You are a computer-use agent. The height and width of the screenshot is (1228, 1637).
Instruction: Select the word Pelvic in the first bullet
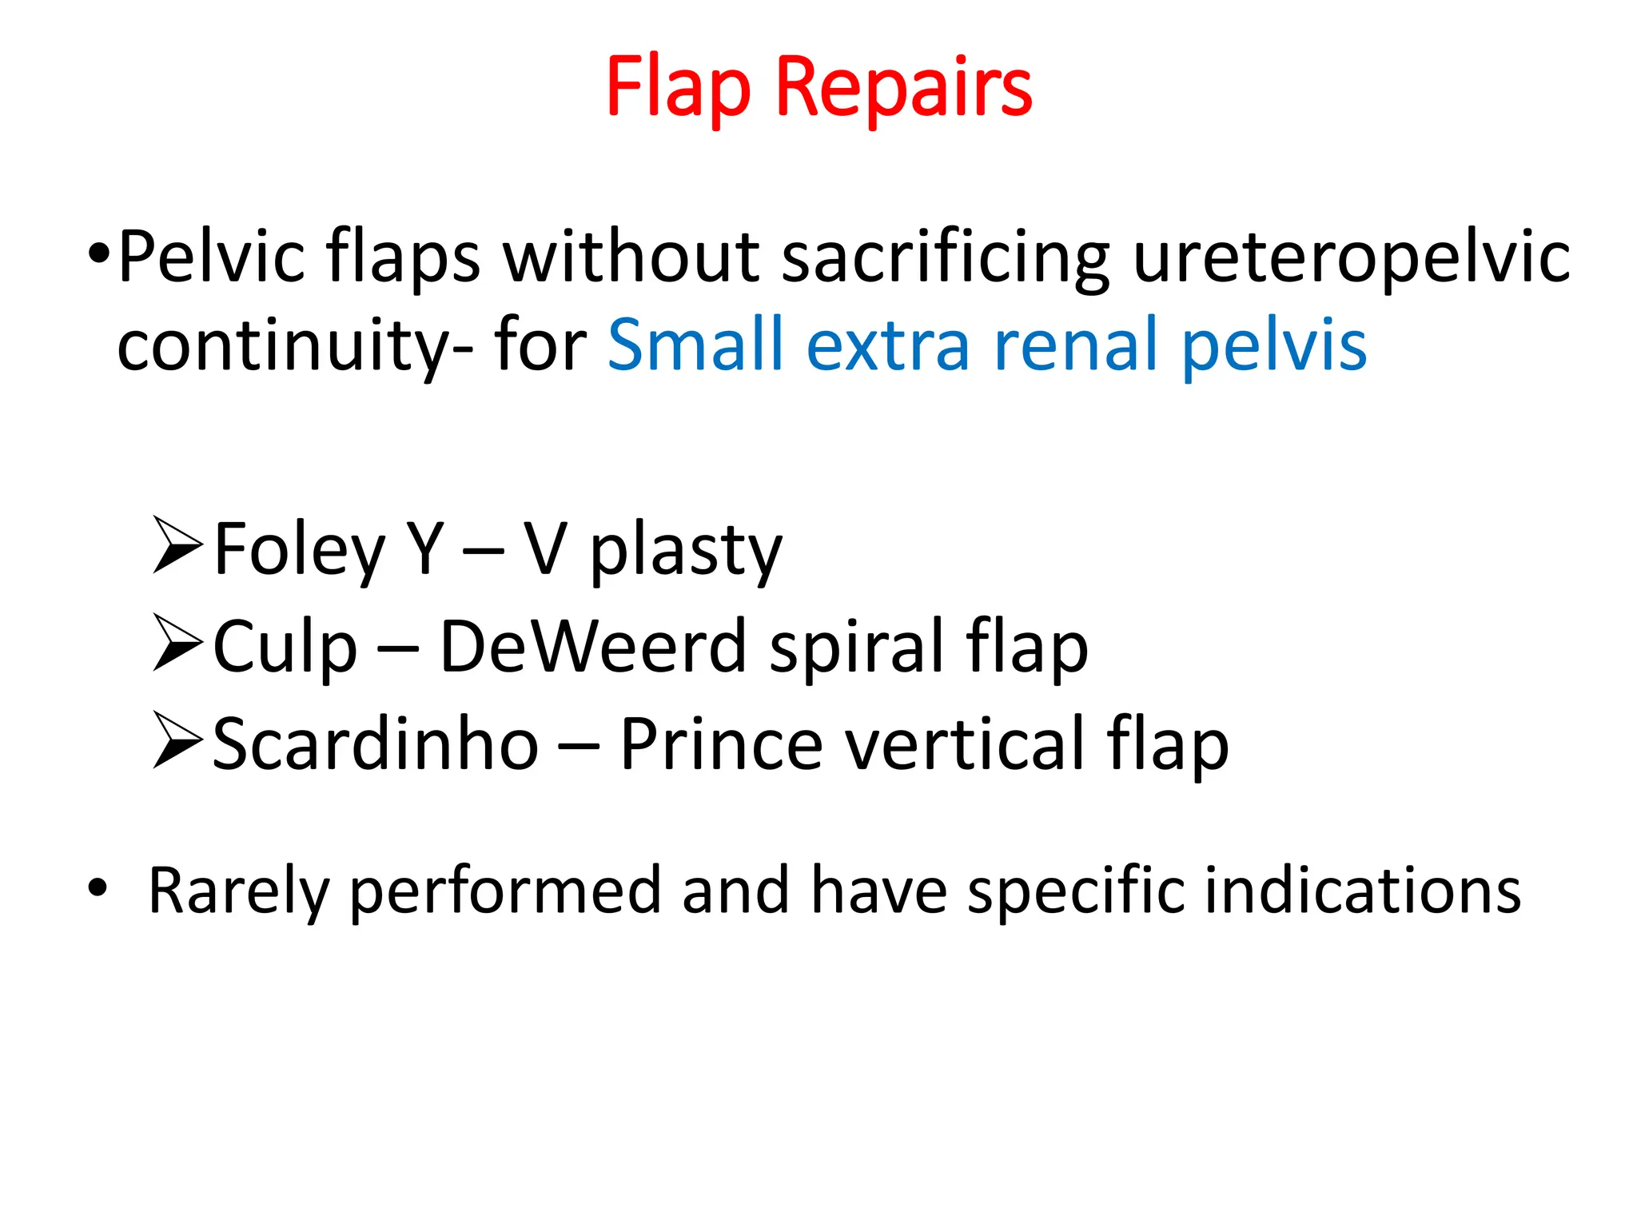coord(211,257)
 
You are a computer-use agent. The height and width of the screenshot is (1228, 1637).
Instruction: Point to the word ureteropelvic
coord(1352,257)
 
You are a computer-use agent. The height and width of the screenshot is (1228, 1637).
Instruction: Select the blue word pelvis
coord(1274,345)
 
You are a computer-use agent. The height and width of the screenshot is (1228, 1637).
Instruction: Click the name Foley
coord(299,550)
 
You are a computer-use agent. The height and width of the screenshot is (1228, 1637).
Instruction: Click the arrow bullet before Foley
coord(177,546)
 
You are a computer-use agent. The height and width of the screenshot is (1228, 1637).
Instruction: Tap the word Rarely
coord(238,891)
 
